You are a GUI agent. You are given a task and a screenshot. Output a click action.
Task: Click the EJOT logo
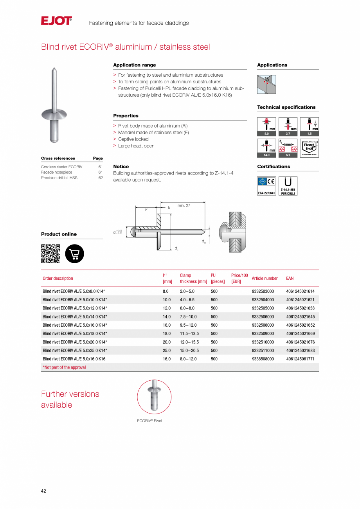[x=56, y=21]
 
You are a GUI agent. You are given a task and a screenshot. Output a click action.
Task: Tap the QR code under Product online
[x=50, y=254]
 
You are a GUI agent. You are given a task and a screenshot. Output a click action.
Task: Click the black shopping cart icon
[x=74, y=254]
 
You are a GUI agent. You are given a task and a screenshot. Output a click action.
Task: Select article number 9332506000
[x=263, y=317]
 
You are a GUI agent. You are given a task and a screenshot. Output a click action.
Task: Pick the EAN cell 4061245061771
[x=300, y=359]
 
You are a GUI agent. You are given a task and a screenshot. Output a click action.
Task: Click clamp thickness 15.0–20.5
[x=189, y=351]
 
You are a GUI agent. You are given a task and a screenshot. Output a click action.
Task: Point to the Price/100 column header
[x=239, y=279]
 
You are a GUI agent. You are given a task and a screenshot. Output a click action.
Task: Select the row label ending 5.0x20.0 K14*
[x=75, y=342]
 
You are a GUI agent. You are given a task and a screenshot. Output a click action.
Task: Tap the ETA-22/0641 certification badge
[x=266, y=186]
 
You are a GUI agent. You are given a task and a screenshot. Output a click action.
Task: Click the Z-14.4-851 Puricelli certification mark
[x=288, y=186]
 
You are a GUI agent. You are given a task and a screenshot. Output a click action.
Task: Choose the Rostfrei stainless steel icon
[x=310, y=148]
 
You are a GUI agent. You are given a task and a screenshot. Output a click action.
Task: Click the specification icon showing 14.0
[x=266, y=148]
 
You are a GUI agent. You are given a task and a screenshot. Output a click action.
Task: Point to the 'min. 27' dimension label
[x=184, y=205]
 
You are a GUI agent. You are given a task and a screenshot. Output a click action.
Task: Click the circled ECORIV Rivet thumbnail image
[x=154, y=397]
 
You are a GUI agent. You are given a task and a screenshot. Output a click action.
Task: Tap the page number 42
[x=43, y=491]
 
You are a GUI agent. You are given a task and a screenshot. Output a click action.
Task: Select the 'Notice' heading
[x=121, y=167]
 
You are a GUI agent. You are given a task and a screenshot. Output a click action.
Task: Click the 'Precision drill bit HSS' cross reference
[x=59, y=178]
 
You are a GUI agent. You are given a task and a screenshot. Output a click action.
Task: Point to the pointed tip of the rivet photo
[x=54, y=69]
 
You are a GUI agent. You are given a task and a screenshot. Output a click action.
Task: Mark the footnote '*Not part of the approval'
[x=64, y=367]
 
